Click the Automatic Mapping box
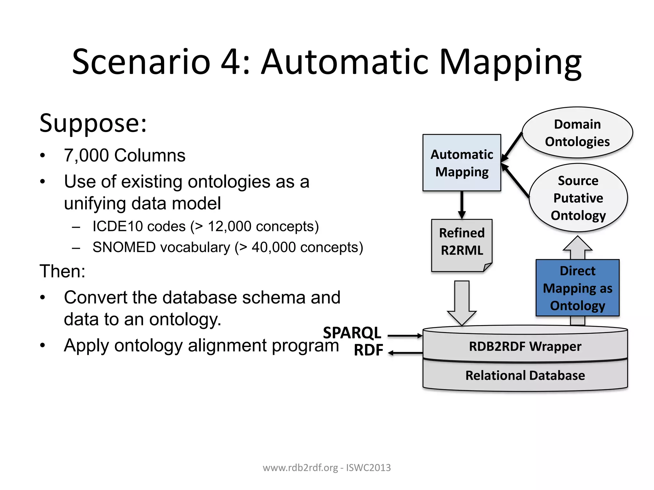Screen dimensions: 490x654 461,163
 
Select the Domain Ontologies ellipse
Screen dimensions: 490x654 577,133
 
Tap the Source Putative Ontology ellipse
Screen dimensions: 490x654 578,198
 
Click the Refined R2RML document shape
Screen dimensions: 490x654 461,245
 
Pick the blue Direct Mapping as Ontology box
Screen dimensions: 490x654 577,288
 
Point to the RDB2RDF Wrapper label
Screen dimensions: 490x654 525,346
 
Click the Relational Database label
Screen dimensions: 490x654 525,375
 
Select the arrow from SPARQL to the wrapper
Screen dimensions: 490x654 405,336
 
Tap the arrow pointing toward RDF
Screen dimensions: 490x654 405,353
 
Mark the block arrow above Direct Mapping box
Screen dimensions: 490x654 577,248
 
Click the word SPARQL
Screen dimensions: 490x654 352,333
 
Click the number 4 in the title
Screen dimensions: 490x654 231,62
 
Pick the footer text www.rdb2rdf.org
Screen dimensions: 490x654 300,468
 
